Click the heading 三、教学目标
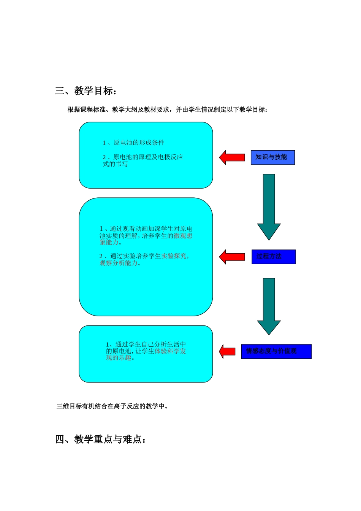pos(86,91)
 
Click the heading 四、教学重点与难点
pos(101,439)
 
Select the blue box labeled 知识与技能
pos(272,157)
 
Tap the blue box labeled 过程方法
pos(273,257)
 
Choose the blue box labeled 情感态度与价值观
pos(276,351)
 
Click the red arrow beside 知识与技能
pos(232,157)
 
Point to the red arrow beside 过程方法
pos(232,257)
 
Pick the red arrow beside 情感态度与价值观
pos(227,351)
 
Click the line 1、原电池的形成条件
pos(133,143)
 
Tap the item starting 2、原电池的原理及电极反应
pos(142,160)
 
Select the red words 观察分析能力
pos(120,263)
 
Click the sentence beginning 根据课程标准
pos(168,109)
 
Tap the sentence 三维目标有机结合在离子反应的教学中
pos(112,406)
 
